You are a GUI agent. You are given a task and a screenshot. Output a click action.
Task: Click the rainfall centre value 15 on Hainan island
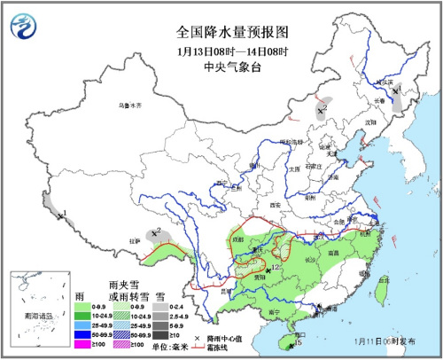pos(299,341)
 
